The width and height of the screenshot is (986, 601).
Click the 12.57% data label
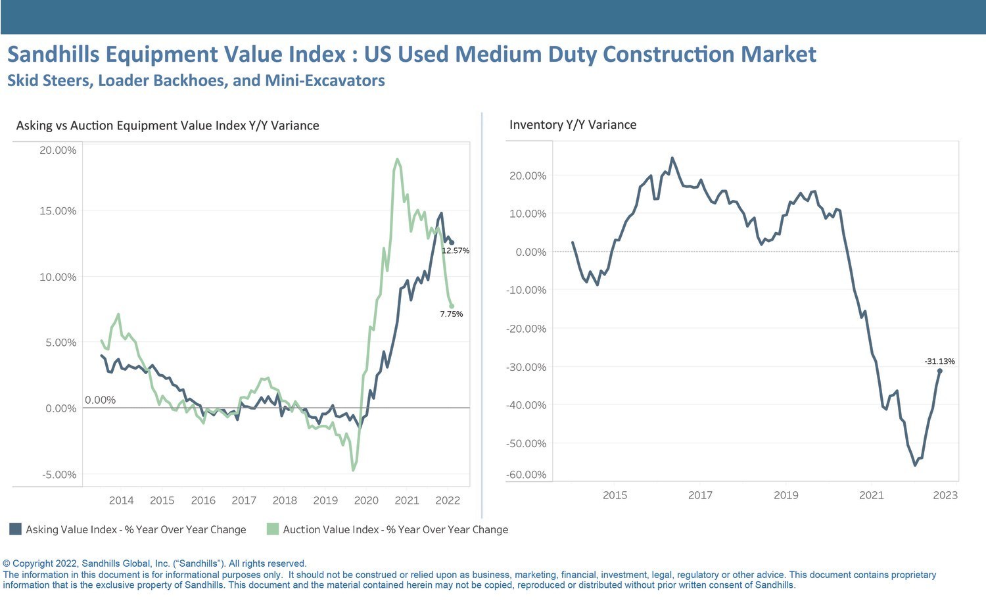[x=456, y=251]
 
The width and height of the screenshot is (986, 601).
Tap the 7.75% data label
[x=452, y=314]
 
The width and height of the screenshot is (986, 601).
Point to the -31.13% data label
[x=939, y=361]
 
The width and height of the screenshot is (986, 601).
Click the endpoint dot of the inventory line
[x=940, y=371]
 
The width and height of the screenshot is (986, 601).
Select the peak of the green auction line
[x=397, y=159]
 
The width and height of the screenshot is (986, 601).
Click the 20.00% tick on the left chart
[x=58, y=150]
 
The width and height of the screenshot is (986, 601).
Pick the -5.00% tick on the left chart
[x=59, y=475]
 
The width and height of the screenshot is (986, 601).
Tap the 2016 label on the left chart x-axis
[x=203, y=500]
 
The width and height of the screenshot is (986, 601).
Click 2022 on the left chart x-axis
[x=448, y=500]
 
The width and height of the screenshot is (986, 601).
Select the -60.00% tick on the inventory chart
[x=526, y=475]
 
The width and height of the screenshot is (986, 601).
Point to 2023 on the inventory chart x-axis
[x=945, y=495]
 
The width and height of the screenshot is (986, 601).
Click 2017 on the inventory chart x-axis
[x=700, y=495]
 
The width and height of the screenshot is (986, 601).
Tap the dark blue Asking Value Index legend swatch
[x=15, y=529]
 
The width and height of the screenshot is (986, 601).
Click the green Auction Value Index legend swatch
[x=273, y=529]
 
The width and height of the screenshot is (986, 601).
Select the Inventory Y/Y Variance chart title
[x=573, y=125]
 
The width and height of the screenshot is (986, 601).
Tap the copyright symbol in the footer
[x=7, y=564]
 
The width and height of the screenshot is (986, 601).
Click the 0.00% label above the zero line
[x=100, y=400]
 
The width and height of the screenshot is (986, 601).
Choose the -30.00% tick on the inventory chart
[x=526, y=367]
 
